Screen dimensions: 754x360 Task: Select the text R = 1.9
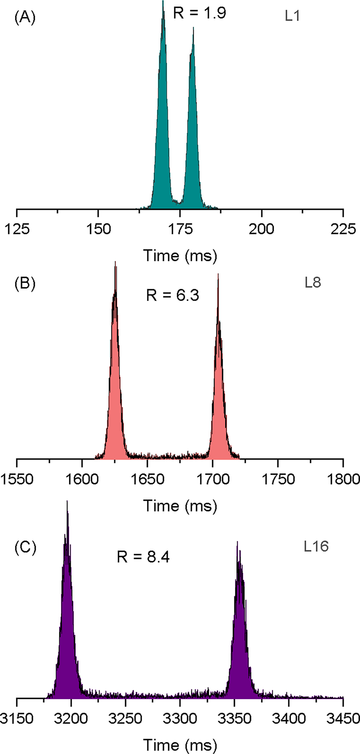[x=199, y=13]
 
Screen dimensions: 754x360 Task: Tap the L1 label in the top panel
[x=292, y=16]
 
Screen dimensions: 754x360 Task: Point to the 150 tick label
[x=98, y=229]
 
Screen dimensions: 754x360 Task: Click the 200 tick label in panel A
[x=262, y=229]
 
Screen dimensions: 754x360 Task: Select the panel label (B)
[x=25, y=283]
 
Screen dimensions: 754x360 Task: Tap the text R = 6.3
[x=172, y=295]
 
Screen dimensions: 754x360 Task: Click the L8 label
[x=313, y=283]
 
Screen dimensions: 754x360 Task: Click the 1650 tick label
[x=147, y=479]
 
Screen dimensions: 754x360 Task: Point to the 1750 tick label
[x=278, y=479]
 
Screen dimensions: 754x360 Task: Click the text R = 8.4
[x=143, y=557]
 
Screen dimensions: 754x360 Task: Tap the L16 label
[x=316, y=546]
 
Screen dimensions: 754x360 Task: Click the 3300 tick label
[x=180, y=718]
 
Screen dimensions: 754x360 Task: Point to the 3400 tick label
[x=289, y=718]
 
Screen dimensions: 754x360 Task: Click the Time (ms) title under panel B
[x=180, y=506]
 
